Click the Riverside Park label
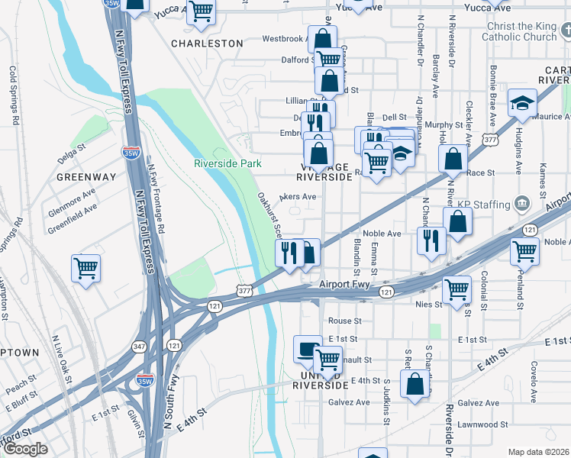(x=227, y=163)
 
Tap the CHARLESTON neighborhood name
(x=207, y=44)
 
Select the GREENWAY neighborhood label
(x=86, y=176)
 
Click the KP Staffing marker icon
(x=522, y=204)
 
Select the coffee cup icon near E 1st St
(x=308, y=349)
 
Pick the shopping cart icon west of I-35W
(x=85, y=269)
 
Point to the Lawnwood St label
(x=483, y=424)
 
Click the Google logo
(x=25, y=449)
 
